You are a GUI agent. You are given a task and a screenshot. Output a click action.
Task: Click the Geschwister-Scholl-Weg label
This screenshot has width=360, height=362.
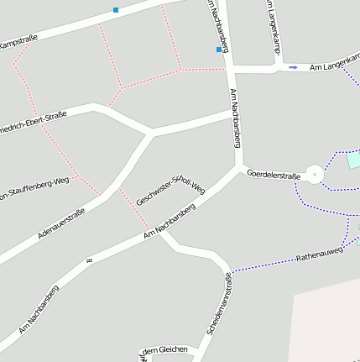pyautogui.click(x=170, y=191)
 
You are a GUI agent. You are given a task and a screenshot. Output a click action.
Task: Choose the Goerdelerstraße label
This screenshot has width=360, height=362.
pyautogui.click(x=274, y=175)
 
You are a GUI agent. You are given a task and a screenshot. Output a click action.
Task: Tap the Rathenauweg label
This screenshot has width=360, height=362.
pyautogui.click(x=320, y=254)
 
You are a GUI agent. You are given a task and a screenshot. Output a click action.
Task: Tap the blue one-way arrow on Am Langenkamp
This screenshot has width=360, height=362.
pyautogui.click(x=293, y=67)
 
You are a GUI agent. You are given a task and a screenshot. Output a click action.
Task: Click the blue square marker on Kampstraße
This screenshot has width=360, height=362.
pyautogui.click(x=116, y=10)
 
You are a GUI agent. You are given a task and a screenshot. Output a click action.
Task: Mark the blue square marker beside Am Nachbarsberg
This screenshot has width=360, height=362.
pyautogui.click(x=219, y=50)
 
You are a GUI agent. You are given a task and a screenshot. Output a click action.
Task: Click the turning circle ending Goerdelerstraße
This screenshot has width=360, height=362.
pyautogui.click(x=315, y=175)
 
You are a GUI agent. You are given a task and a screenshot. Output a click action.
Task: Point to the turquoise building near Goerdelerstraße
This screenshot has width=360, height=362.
pyautogui.click(x=353, y=160)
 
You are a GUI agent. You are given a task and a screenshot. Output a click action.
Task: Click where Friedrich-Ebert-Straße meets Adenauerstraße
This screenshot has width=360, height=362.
pyautogui.click(x=151, y=133)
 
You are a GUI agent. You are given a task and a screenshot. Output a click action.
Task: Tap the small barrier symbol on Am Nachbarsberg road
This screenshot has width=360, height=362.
pyautogui.click(x=87, y=263)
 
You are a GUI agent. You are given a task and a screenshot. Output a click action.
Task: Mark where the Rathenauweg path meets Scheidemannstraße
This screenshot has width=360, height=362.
pyautogui.click(x=231, y=271)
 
